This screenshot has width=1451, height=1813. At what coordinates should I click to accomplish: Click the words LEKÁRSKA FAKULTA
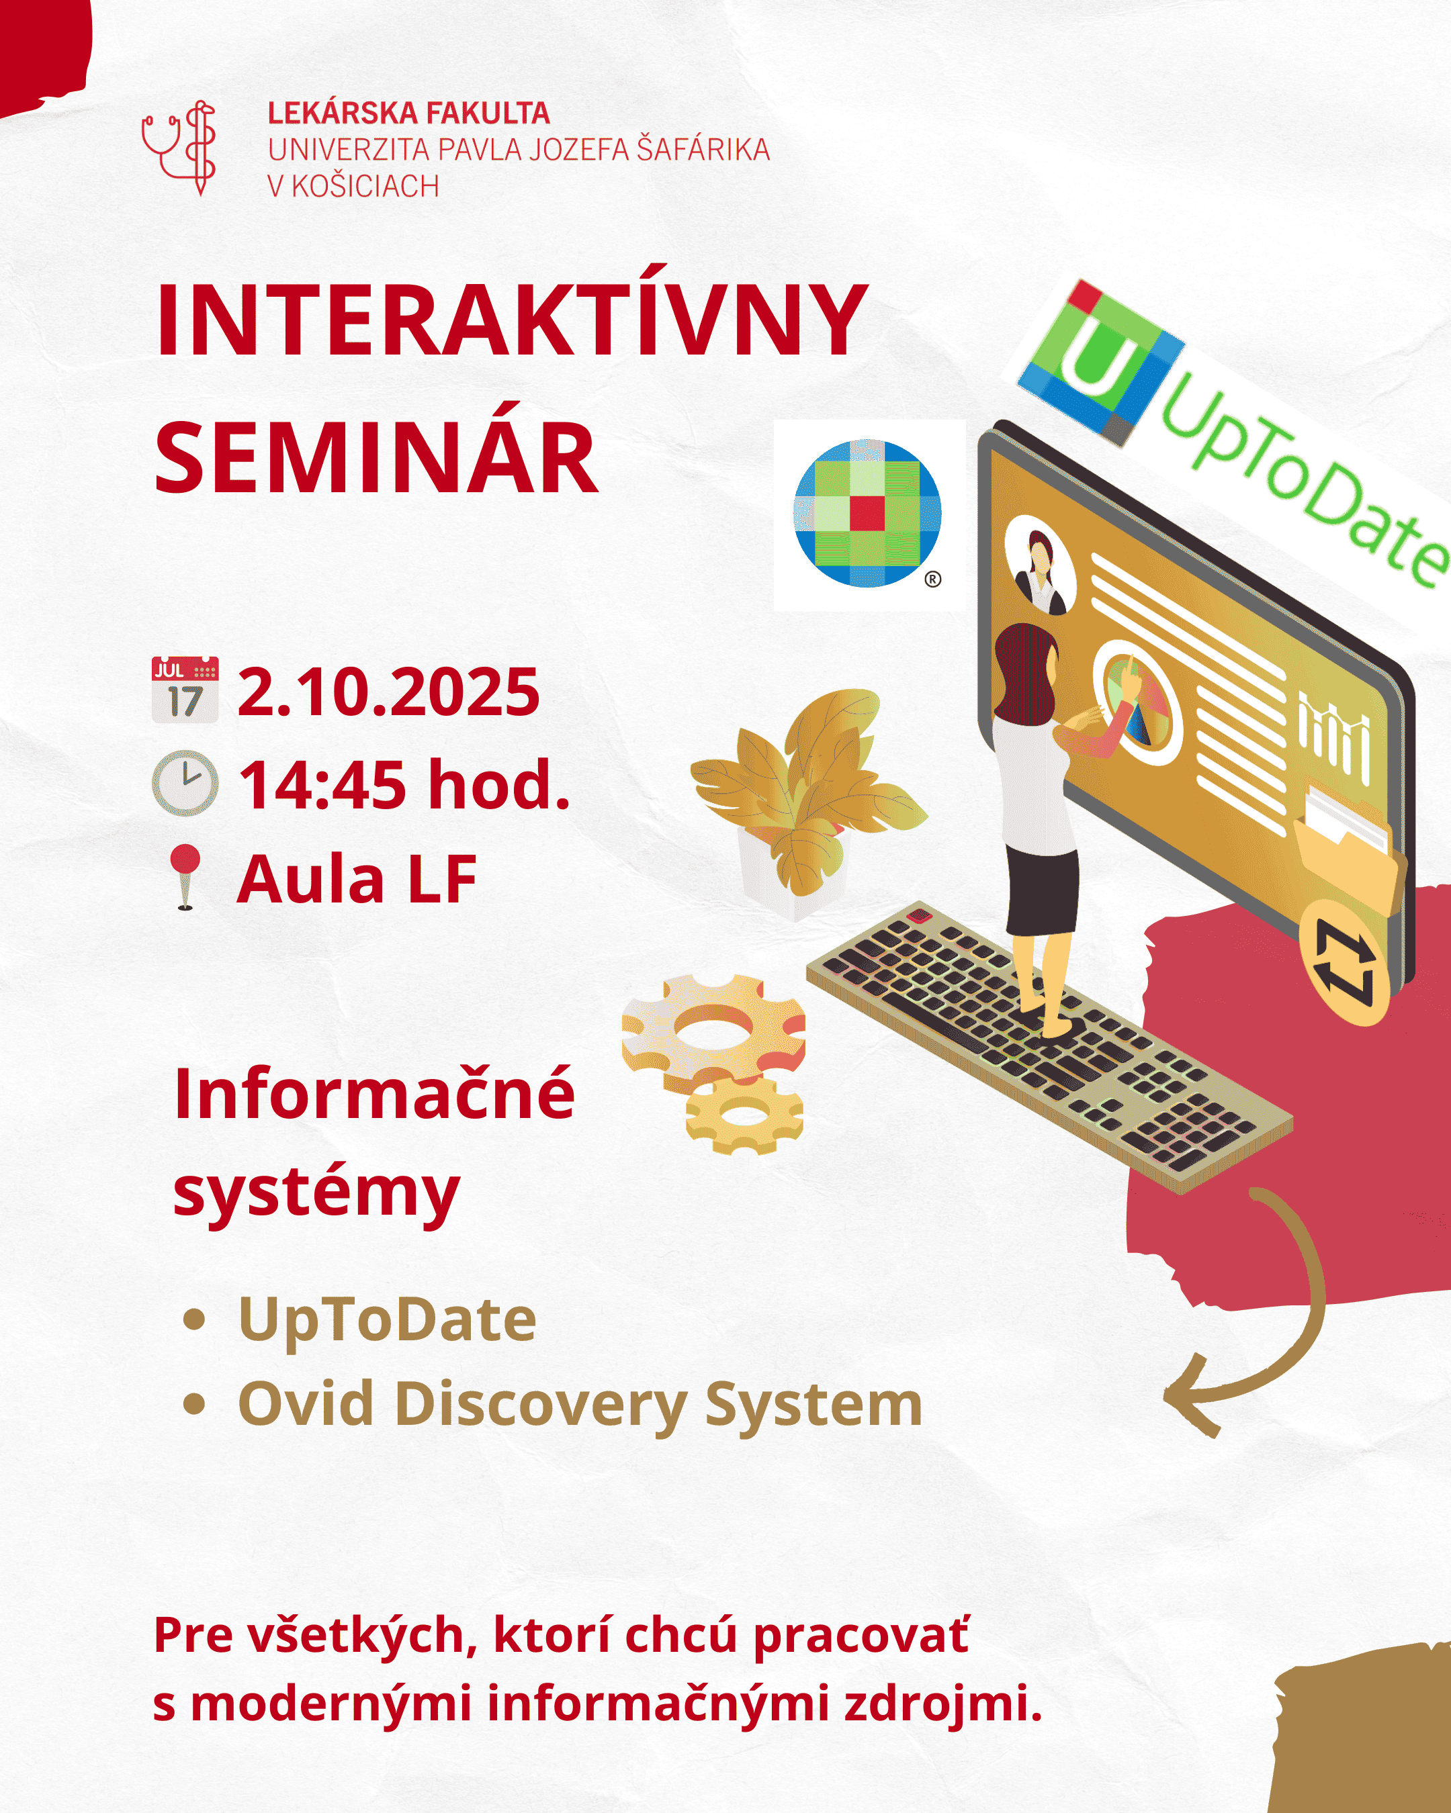409,113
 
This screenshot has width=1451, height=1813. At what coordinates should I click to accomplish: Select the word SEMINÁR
376,459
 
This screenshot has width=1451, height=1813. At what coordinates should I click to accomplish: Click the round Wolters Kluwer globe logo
867,512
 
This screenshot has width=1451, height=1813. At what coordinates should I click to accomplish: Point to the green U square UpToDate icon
1101,363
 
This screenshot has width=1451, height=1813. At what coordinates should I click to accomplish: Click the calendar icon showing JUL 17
185,690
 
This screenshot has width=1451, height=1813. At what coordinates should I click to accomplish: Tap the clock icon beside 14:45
185,783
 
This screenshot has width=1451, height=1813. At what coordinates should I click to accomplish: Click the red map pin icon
185,877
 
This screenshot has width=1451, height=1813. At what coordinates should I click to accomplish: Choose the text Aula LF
357,879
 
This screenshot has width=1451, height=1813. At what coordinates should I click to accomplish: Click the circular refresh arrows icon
1344,963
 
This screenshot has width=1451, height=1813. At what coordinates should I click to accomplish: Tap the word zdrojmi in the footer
942,1703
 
